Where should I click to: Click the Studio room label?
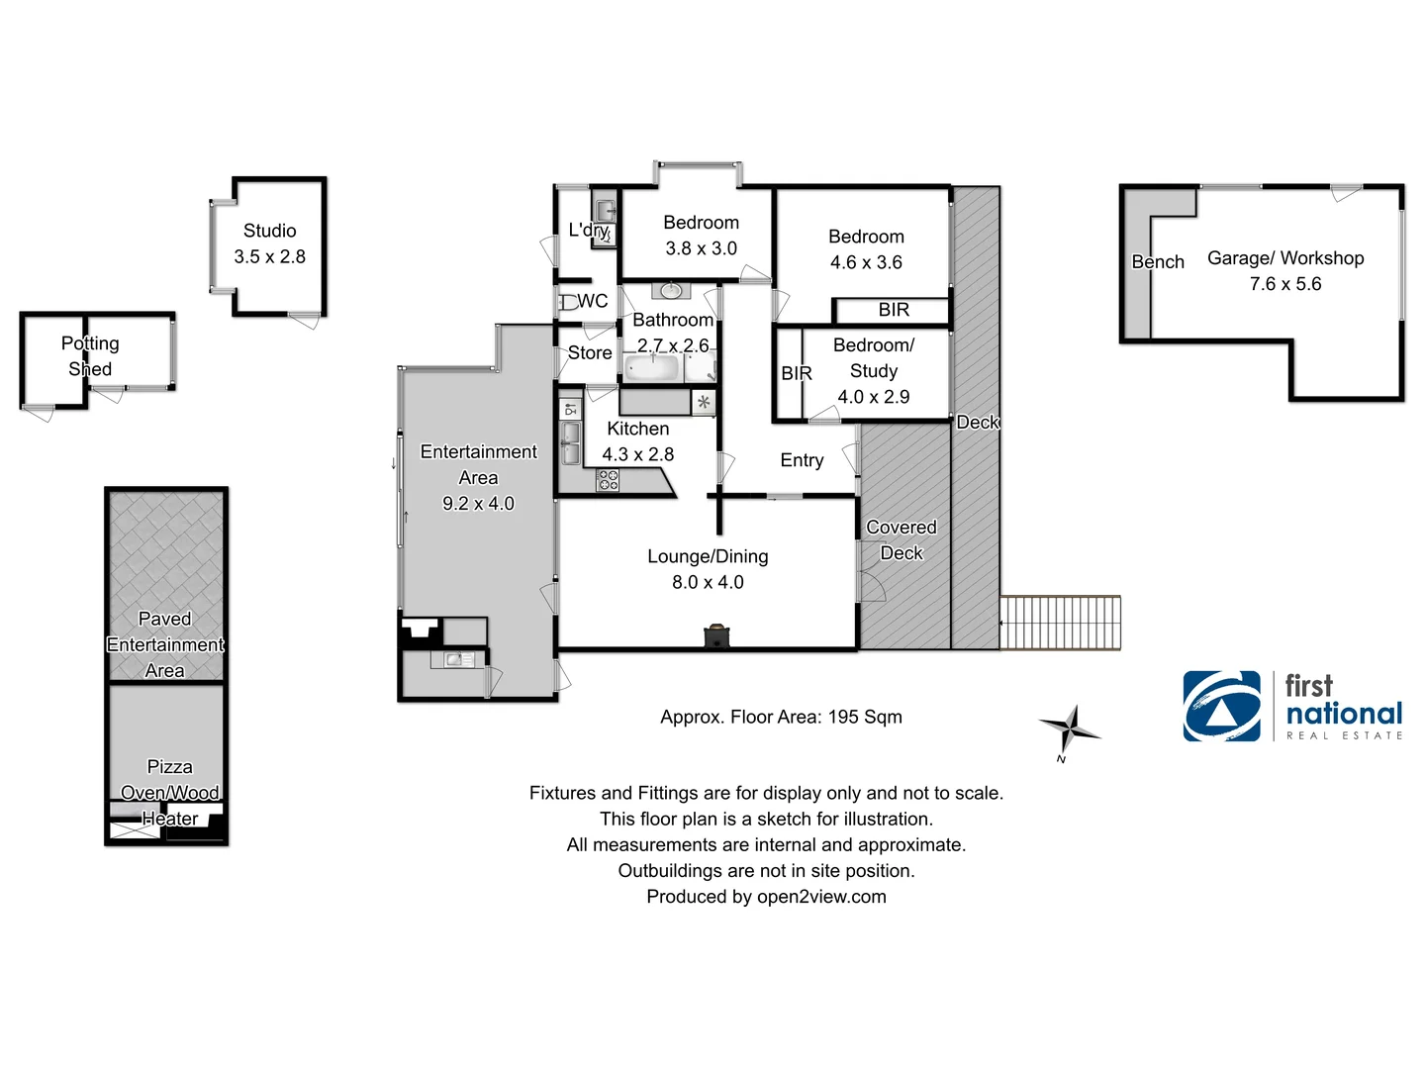click(x=269, y=231)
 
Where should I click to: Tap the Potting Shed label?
click(x=90, y=356)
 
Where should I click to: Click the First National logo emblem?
click(x=1222, y=707)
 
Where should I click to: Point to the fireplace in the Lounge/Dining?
click(x=717, y=635)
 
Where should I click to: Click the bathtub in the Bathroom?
click(x=652, y=369)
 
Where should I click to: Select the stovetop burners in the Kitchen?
click(x=608, y=481)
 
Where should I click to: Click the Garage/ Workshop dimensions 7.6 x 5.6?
click(x=1285, y=284)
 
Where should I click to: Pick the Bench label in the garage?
click(x=1158, y=262)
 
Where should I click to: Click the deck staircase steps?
click(x=1060, y=623)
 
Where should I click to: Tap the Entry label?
click(x=802, y=460)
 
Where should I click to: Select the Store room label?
click(x=590, y=352)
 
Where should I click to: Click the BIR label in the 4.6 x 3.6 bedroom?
click(x=894, y=310)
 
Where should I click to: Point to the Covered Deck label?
click(x=902, y=540)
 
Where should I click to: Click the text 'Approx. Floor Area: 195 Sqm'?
click(x=781, y=717)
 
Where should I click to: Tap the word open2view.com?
click(x=821, y=897)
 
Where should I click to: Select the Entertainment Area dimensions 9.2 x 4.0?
click(x=478, y=504)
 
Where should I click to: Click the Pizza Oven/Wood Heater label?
click(x=170, y=793)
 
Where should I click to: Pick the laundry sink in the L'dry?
click(x=605, y=210)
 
